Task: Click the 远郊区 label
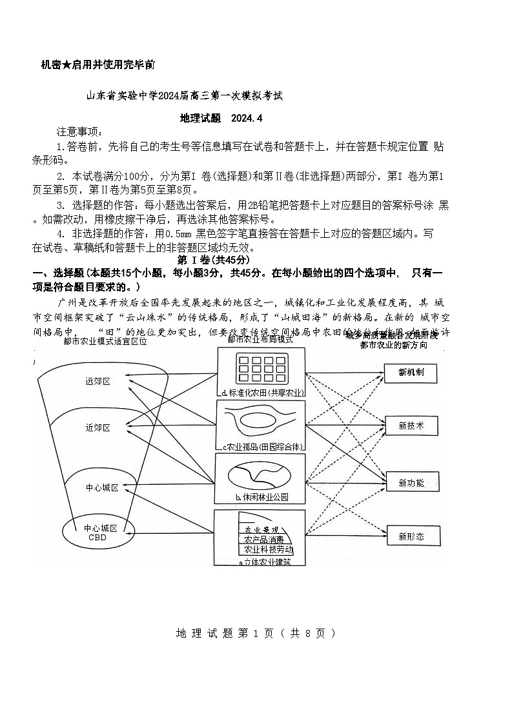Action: [x=97, y=381]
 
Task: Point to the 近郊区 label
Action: [x=97, y=427]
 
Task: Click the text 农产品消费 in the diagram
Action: [x=263, y=540]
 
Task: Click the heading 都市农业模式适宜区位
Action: [x=105, y=342]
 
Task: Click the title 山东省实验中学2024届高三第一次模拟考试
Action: [x=185, y=96]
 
